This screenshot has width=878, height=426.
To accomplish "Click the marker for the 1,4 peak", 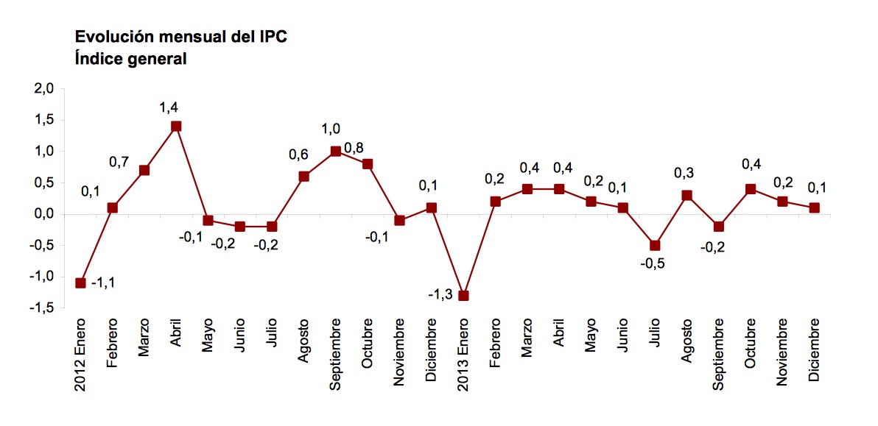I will tap(176, 127).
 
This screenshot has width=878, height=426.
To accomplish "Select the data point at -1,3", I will tap(463, 296).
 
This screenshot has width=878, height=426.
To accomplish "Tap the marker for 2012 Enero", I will tap(81, 283).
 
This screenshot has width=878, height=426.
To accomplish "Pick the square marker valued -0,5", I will tap(654, 246).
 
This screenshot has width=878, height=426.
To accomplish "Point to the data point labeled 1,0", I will tap(336, 152).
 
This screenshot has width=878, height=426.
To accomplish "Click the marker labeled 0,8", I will tap(368, 164).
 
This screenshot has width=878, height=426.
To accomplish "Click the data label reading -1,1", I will tap(102, 283).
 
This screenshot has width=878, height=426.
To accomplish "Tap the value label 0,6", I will tap(298, 155).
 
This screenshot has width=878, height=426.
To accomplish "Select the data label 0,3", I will tap(685, 174).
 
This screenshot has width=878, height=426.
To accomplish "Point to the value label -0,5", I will tap(653, 264).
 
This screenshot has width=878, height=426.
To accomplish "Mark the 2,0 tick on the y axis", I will tap(44, 89).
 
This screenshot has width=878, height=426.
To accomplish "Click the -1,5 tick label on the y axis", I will tap(42, 309).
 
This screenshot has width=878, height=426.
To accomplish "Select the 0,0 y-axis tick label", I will tap(44, 215).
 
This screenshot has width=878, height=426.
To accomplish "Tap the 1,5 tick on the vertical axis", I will tap(44, 121).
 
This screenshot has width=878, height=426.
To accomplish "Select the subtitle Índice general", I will tap(130, 59).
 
